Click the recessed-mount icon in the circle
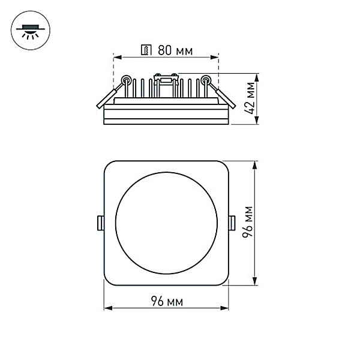[x=29, y=29]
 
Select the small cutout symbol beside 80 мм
[x=145, y=50]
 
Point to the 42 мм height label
[x=250, y=100]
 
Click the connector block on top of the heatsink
[x=166, y=77]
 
